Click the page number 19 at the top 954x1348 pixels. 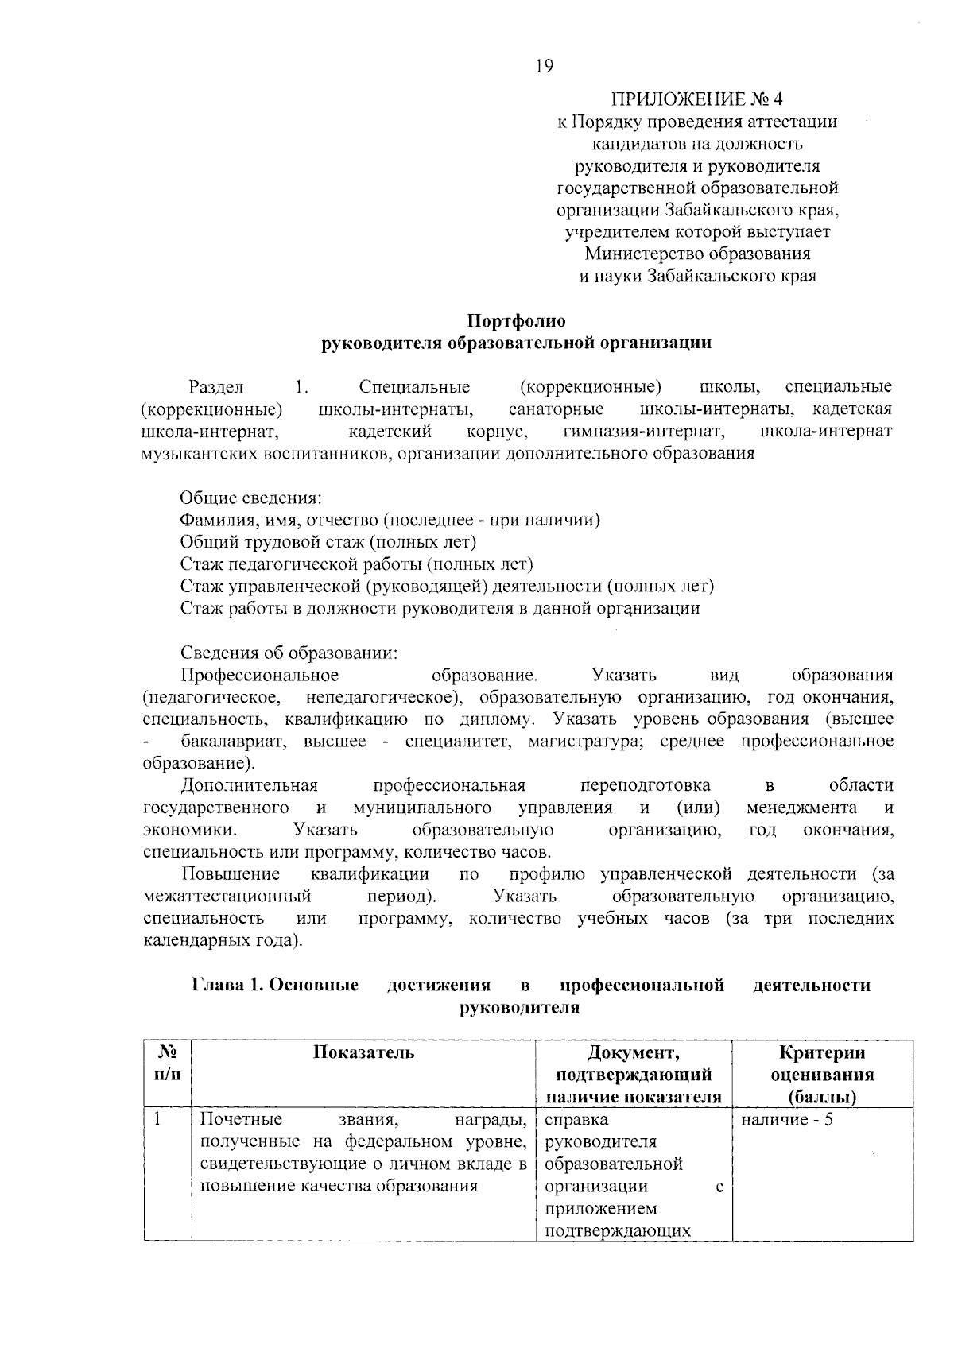[x=544, y=66]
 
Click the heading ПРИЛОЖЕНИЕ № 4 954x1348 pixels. [x=697, y=100]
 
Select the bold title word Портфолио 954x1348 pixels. [x=517, y=321]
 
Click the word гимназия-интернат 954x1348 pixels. [x=643, y=432]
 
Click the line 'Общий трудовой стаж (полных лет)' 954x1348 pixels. [x=328, y=543]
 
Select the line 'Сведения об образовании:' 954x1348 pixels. [x=289, y=653]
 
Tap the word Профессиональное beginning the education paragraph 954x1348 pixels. [x=260, y=676]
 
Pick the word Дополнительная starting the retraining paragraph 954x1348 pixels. [x=250, y=786]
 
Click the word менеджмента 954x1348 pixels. [x=801, y=808]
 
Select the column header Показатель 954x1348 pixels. [x=363, y=1053]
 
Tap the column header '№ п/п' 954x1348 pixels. [x=168, y=1063]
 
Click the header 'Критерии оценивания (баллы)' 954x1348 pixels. [x=822, y=1075]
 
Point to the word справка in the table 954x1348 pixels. [x=577, y=1121]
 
